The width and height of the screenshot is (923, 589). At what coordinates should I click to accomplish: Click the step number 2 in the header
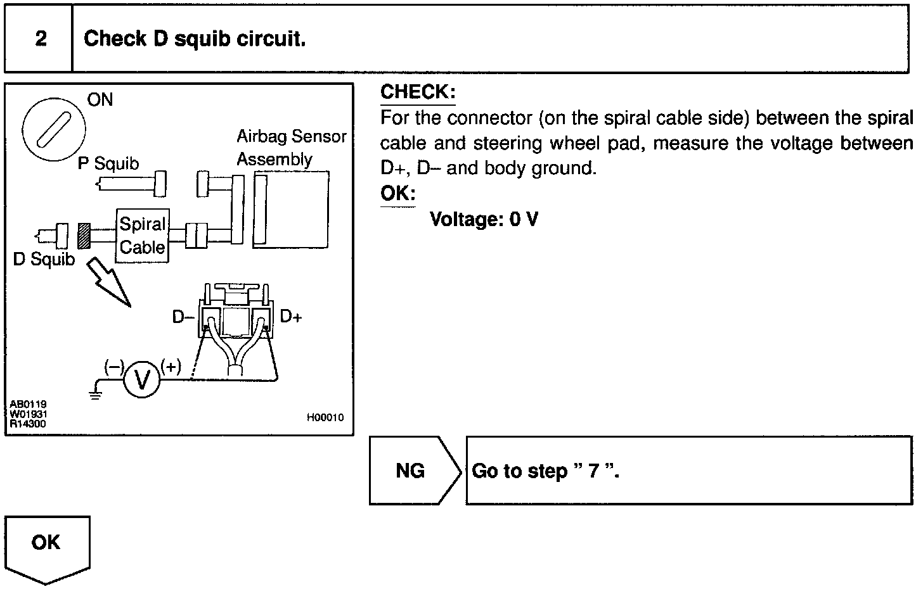tap(41, 39)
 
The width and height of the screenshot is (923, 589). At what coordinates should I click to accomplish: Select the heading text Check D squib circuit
tap(195, 39)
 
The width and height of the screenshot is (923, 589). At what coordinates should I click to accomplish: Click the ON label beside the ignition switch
tap(100, 100)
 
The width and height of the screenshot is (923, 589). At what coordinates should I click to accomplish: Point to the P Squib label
tap(108, 164)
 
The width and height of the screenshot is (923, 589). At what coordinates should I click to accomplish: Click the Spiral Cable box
tap(143, 236)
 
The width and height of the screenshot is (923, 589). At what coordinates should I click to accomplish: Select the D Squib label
tap(44, 259)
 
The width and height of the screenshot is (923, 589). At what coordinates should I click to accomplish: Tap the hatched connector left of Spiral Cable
tap(84, 236)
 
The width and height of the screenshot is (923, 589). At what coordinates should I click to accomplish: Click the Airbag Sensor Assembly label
tap(291, 148)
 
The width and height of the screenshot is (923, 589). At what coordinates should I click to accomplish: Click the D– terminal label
tap(183, 317)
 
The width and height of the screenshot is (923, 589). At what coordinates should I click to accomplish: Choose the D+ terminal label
tap(291, 317)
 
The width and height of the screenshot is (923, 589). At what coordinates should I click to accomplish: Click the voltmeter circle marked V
tap(143, 379)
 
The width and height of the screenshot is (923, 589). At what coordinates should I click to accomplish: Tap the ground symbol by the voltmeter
tap(95, 396)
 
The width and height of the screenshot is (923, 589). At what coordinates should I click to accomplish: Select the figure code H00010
tap(325, 417)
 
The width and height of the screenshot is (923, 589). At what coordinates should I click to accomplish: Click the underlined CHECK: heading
tap(418, 92)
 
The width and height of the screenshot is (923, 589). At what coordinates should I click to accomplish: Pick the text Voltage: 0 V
tap(484, 220)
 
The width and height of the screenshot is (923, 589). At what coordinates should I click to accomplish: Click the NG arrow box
tap(414, 471)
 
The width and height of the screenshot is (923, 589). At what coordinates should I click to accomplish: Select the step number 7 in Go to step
tap(593, 471)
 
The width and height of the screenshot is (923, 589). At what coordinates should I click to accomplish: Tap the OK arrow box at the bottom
tap(47, 547)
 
